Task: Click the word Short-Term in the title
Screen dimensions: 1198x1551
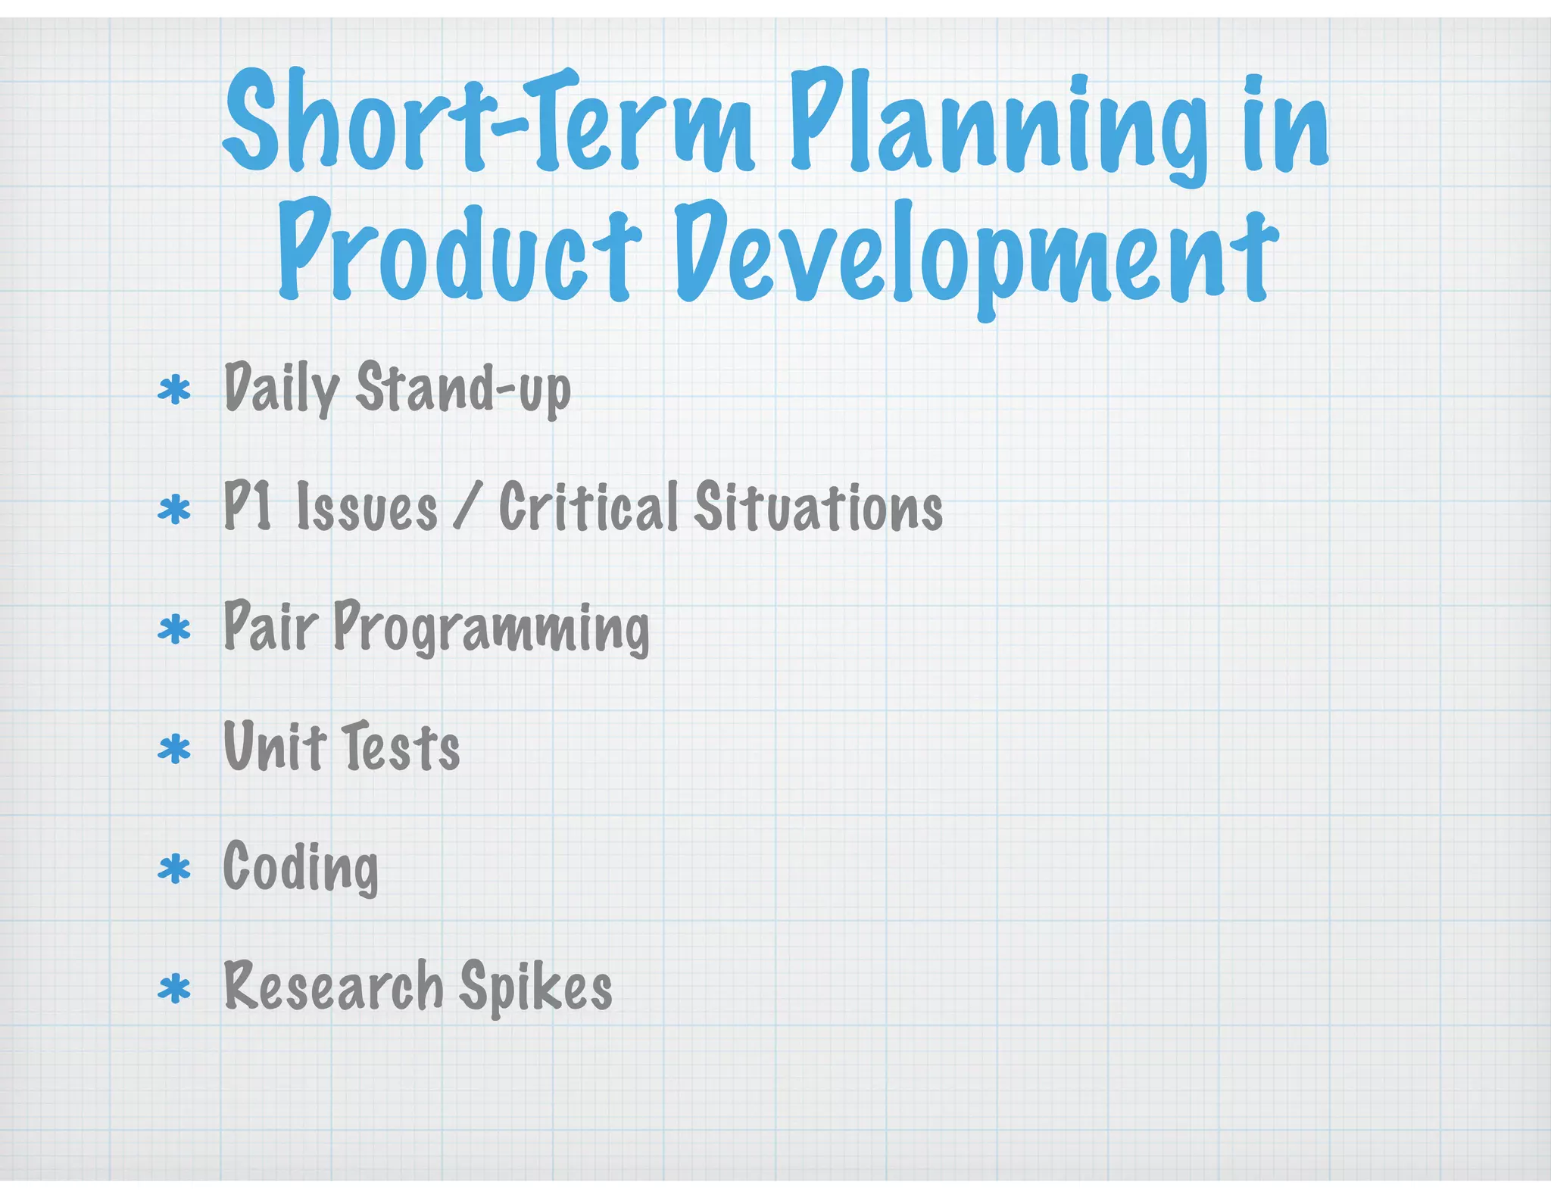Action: coord(488,121)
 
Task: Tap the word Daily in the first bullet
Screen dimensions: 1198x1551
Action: coord(281,388)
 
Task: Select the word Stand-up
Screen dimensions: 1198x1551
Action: coord(463,388)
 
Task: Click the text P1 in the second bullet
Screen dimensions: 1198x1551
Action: coord(248,506)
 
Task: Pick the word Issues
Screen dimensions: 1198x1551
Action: coord(367,507)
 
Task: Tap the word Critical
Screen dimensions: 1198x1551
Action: coord(588,506)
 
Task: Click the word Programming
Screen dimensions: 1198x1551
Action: coord(491,629)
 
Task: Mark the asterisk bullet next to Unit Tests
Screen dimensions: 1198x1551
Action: coord(174,749)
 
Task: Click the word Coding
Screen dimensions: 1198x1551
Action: coord(301,868)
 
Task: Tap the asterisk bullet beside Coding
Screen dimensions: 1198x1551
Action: coord(174,869)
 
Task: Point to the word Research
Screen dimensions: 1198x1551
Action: coord(333,987)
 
